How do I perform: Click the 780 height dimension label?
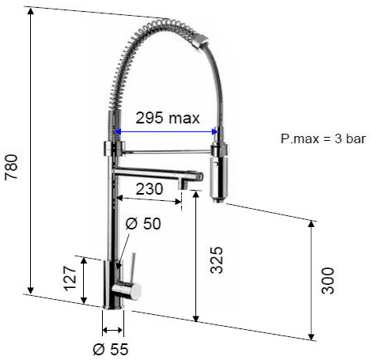[x=12, y=167]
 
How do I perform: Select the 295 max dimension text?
[x=168, y=118]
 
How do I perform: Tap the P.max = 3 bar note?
[x=324, y=138]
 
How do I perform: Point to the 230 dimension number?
[x=150, y=189]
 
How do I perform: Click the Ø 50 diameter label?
[x=143, y=224]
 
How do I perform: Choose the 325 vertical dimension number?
[x=217, y=260]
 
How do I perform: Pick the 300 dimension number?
[x=327, y=281]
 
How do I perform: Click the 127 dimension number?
[x=70, y=279]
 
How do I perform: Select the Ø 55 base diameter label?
[x=111, y=349]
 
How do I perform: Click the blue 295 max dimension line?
[x=166, y=131]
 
